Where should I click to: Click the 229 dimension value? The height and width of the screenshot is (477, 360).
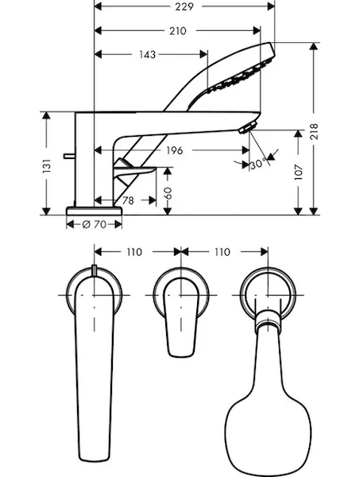184,6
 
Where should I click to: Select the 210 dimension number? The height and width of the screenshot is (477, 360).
177,31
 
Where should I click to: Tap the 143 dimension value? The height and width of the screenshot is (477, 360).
148,55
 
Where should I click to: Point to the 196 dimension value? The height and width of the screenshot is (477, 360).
175,150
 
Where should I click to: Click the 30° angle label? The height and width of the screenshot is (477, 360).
258,165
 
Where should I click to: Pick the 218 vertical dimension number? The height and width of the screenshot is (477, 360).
313,131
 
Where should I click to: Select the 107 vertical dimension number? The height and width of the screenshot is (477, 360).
298,173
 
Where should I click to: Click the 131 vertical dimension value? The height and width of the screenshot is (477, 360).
47,166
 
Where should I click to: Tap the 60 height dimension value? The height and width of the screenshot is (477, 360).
168,193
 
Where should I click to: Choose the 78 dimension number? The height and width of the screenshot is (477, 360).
128,201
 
